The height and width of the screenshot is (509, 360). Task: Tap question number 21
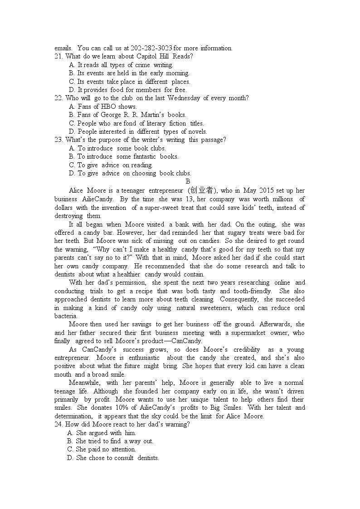click(59, 56)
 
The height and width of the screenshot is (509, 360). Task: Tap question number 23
click(59, 140)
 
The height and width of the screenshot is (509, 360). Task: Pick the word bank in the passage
click(179, 224)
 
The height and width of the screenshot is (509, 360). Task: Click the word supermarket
click(251, 333)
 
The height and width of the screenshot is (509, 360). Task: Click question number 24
click(59, 424)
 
